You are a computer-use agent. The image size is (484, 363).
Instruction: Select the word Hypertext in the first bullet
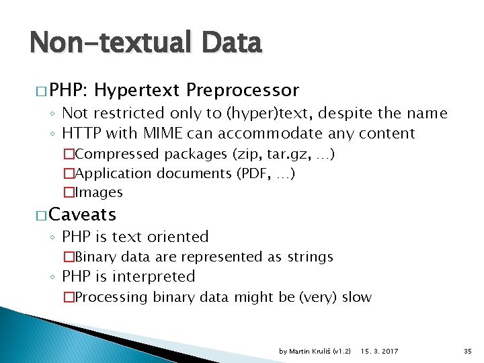[x=138, y=89]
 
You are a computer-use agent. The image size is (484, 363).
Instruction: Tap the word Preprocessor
[x=243, y=89]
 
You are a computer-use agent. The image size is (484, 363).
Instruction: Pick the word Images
[x=99, y=192]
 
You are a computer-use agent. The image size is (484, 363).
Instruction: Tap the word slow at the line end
[x=357, y=296]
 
